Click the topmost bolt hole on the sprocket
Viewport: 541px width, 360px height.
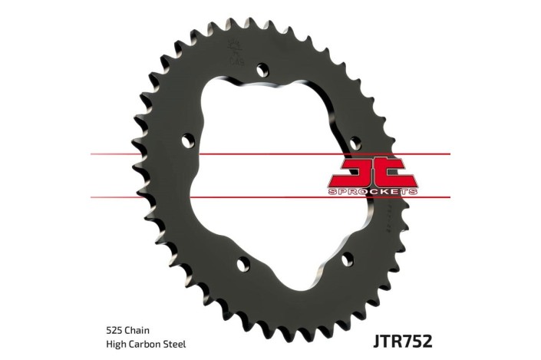[x=262, y=70]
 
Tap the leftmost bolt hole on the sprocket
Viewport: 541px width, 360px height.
[x=188, y=140]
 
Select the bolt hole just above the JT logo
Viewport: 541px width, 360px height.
[x=355, y=143]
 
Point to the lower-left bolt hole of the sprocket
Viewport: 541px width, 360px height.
[x=244, y=265]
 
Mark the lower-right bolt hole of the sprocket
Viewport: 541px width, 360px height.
[x=347, y=259]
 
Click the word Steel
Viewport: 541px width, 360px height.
[x=174, y=345]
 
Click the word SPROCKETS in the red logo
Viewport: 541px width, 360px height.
[x=374, y=190]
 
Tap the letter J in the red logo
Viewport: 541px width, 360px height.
[x=355, y=170]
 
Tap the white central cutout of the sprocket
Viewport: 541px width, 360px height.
[x=269, y=177]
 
